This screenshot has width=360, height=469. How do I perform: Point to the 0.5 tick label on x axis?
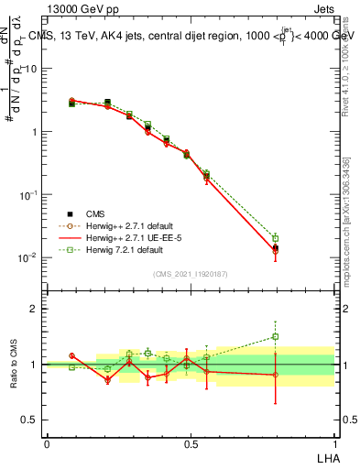(190, 442)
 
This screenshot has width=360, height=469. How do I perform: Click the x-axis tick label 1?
(333, 442)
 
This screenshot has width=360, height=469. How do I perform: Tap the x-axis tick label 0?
(47, 442)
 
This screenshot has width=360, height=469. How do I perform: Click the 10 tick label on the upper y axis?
(31, 70)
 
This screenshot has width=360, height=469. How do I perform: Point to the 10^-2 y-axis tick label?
(28, 257)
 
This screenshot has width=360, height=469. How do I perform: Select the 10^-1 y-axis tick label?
(28, 195)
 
